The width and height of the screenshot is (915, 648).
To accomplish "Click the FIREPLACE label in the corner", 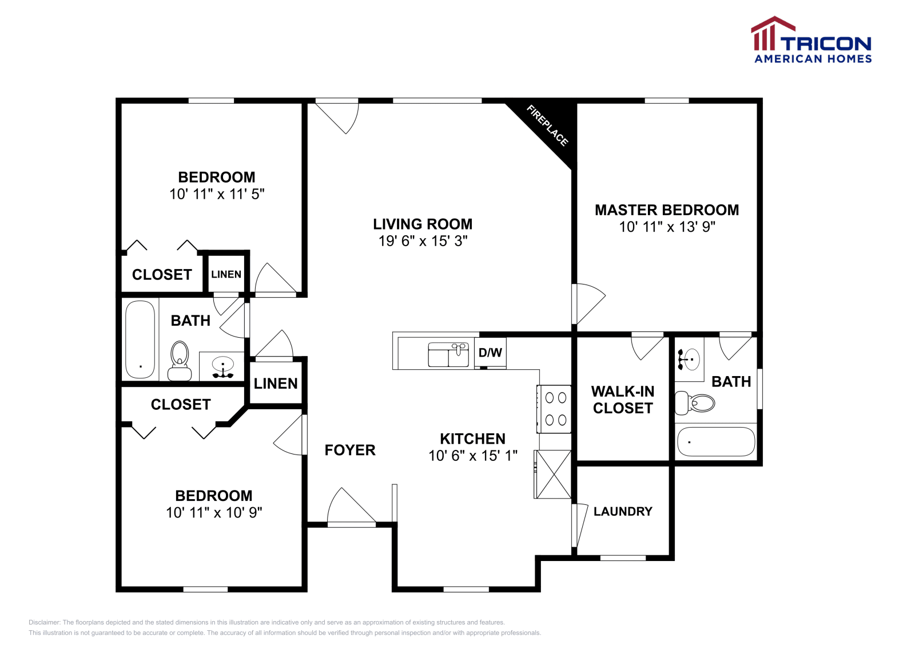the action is pyautogui.click(x=547, y=125).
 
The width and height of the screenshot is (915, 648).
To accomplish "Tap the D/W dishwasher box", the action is pyautogui.click(x=490, y=353).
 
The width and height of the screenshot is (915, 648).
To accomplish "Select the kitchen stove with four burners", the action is pyautogui.click(x=554, y=409).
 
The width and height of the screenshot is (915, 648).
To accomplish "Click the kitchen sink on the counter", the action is pyautogui.click(x=448, y=355).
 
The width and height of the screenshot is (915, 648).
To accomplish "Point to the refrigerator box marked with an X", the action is pyautogui.click(x=552, y=474).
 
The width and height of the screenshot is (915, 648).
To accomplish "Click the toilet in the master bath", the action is pyautogui.click(x=694, y=403).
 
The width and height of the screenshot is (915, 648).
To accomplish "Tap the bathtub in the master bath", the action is pyautogui.click(x=716, y=441).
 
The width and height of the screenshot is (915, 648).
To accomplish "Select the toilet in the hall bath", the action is pyautogui.click(x=180, y=361).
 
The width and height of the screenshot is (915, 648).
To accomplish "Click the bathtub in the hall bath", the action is pyautogui.click(x=140, y=339).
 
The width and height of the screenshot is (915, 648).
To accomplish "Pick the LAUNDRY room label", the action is pyautogui.click(x=623, y=511).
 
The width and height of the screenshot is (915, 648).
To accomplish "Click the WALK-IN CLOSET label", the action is pyautogui.click(x=623, y=400).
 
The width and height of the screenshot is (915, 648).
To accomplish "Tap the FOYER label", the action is pyautogui.click(x=350, y=450).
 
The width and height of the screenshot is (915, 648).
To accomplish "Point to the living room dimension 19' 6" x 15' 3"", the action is pyautogui.click(x=423, y=241).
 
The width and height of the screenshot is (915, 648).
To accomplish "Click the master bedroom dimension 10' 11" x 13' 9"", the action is pyautogui.click(x=667, y=227).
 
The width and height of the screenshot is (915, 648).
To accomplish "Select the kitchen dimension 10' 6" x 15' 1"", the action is pyautogui.click(x=473, y=456).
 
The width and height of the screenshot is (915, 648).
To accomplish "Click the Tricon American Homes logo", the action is pyautogui.click(x=811, y=39).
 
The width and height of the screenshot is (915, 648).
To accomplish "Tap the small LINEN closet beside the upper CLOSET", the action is pyautogui.click(x=226, y=274).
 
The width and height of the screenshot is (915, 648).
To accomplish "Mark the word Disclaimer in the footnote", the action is pyautogui.click(x=44, y=622).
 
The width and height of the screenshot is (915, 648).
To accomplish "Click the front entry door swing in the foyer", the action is pyautogui.click(x=351, y=505).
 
